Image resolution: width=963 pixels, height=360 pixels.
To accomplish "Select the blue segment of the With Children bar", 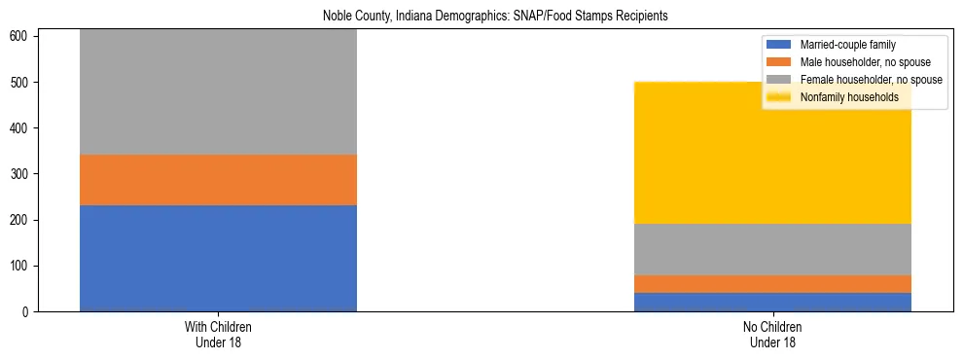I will coord(218,258).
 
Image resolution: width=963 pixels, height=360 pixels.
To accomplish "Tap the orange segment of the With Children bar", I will coord(218,180).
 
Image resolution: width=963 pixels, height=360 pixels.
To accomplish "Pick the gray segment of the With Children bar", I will coord(218,92).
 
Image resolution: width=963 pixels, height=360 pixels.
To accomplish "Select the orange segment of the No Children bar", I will coord(772,283).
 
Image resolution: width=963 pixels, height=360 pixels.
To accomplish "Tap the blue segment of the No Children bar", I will coord(772,302).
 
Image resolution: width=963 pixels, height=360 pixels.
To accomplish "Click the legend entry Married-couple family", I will coord(847,45).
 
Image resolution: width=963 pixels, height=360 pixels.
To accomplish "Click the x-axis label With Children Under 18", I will coord(218,334).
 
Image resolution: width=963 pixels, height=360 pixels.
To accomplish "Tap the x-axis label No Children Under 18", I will coord(772,334).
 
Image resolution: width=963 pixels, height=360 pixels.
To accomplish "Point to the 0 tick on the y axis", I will coord(27,311).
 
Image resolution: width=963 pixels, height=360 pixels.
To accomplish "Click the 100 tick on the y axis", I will coord(21,266).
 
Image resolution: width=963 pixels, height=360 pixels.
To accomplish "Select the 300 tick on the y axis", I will coord(21,174).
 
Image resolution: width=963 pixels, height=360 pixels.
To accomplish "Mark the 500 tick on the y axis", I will coord(21,83).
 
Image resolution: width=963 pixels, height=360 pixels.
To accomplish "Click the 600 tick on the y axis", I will coord(21,37).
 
